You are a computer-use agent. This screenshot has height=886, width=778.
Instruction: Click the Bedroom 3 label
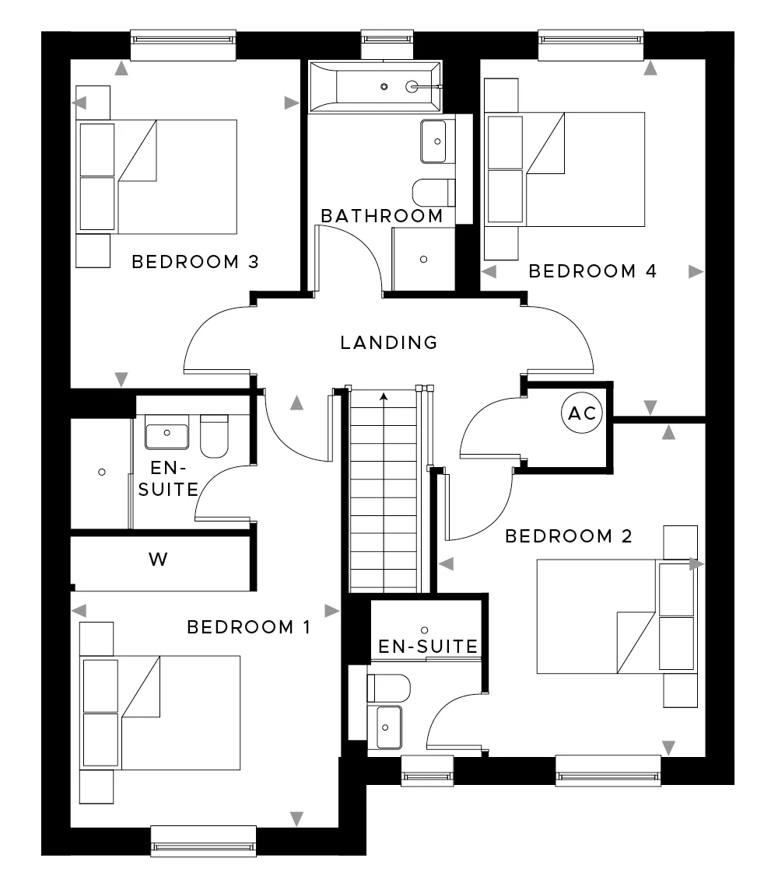(195, 262)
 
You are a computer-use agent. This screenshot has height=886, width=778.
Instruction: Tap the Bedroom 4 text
(592, 271)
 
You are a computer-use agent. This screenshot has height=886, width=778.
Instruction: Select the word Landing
(389, 343)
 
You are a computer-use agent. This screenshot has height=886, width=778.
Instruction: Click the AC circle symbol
(582, 413)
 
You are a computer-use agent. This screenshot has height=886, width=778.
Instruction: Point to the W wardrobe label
(158, 560)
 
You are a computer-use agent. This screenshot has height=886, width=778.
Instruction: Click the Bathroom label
(382, 216)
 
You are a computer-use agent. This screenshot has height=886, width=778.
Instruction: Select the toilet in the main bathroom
(434, 193)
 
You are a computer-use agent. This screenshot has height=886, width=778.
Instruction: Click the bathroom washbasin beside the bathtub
(437, 141)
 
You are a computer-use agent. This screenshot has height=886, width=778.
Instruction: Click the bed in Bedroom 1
(160, 713)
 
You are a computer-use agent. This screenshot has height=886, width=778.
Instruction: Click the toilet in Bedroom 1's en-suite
(215, 436)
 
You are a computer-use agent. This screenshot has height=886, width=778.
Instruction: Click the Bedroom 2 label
(568, 536)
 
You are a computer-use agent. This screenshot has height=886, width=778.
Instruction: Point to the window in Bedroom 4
(591, 45)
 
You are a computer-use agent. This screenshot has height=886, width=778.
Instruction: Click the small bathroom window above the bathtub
(387, 44)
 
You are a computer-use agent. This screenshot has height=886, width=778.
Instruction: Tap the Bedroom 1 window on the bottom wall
(204, 842)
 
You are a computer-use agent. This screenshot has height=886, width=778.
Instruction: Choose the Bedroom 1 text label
(248, 627)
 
